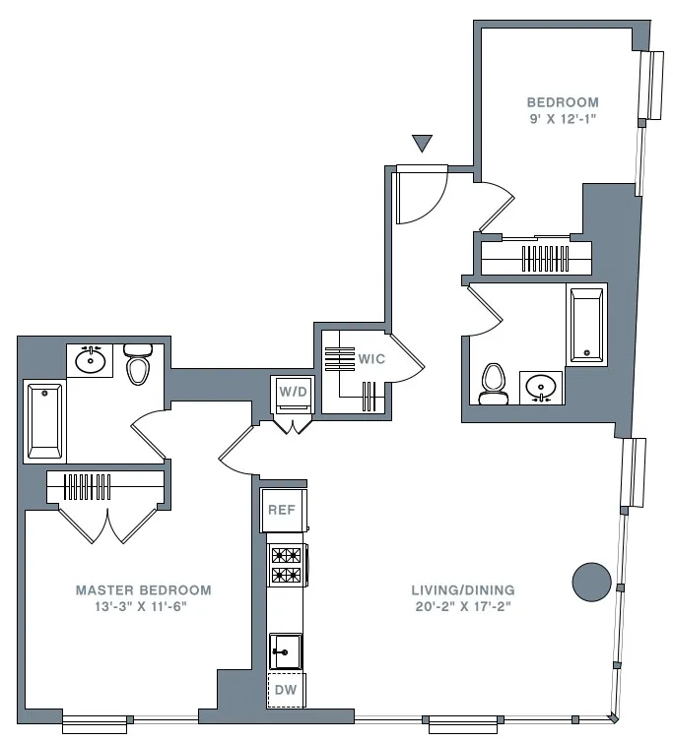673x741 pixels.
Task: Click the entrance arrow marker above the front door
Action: coord(423,144)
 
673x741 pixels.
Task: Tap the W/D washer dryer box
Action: coord(294,393)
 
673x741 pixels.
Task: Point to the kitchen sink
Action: coord(286,650)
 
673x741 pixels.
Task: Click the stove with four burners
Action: coord(286,565)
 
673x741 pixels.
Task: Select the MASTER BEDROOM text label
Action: coord(143,590)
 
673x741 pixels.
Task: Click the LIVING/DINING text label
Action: coord(463,590)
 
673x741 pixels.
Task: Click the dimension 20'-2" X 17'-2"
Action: coord(463,607)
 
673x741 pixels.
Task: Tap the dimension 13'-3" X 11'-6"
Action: coord(144,607)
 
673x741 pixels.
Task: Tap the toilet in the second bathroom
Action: coord(491,385)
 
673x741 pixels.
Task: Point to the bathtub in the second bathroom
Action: coord(585,324)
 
